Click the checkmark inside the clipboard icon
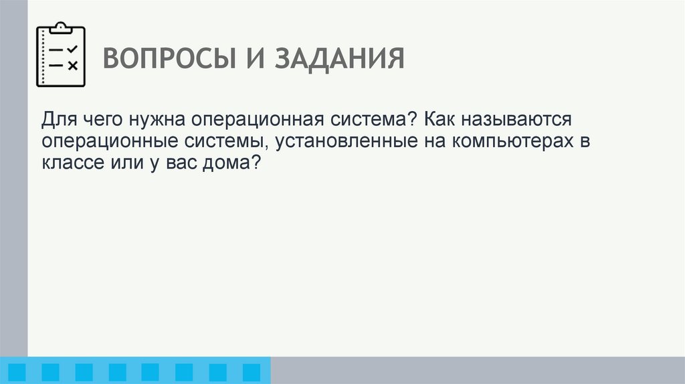pos(73,50)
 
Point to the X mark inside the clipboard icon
pos(73,65)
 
